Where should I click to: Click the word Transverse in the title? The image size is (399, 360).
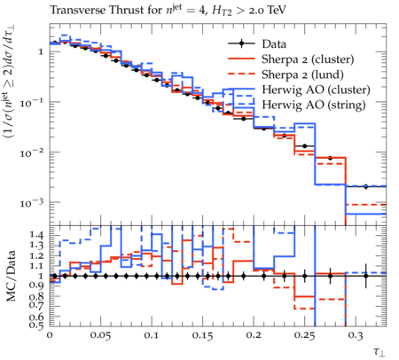tap(78, 11)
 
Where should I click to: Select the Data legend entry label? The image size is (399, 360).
tap(274, 44)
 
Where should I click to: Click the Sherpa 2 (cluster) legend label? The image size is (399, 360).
tap(308, 59)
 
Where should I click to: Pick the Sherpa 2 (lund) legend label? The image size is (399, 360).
tap(302, 74)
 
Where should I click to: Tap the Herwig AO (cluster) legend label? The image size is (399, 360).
tap(316, 90)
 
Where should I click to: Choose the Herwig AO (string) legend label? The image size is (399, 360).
tap(314, 105)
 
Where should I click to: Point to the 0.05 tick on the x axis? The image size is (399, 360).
tap(100, 335)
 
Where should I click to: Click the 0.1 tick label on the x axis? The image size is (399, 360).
tap(152, 335)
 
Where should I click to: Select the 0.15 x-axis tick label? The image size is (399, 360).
tap(202, 335)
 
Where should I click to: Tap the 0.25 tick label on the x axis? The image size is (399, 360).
tap(304, 335)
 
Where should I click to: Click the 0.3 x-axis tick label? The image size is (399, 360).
tap(356, 335)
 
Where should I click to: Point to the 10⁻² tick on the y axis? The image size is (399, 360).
tap(32, 153)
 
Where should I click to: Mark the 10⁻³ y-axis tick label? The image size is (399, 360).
tap(32, 203)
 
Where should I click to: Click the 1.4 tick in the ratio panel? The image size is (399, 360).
tap(36, 235)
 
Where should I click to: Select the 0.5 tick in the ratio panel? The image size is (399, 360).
tap(36, 325)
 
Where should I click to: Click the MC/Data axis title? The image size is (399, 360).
tap(11, 276)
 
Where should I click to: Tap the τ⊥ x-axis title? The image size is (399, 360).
tap(379, 352)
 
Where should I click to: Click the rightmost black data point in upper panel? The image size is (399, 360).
tap(366, 186)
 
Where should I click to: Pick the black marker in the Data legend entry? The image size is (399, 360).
tap(241, 43)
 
